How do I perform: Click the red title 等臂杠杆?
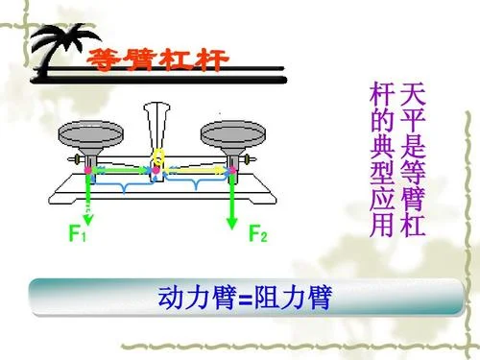pyautogui.click(x=157, y=60)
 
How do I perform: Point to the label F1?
pyautogui.click(x=78, y=233)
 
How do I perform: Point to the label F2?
pyautogui.click(x=258, y=233)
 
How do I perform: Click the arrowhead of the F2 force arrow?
pyautogui.click(x=231, y=224)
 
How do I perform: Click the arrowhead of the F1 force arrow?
pyautogui.click(x=88, y=220)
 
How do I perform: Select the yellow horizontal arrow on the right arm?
pyautogui.click(x=196, y=171)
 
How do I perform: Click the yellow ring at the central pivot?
pyautogui.click(x=158, y=157)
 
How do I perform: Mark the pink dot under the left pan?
pyautogui.click(x=88, y=170)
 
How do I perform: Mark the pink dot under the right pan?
pyautogui.click(x=232, y=170)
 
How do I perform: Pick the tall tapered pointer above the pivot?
pyautogui.click(x=156, y=127)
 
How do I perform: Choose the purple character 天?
pyautogui.click(x=413, y=94)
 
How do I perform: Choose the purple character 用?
pyautogui.click(x=382, y=225)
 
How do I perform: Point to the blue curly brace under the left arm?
pyautogui.click(x=124, y=185)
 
